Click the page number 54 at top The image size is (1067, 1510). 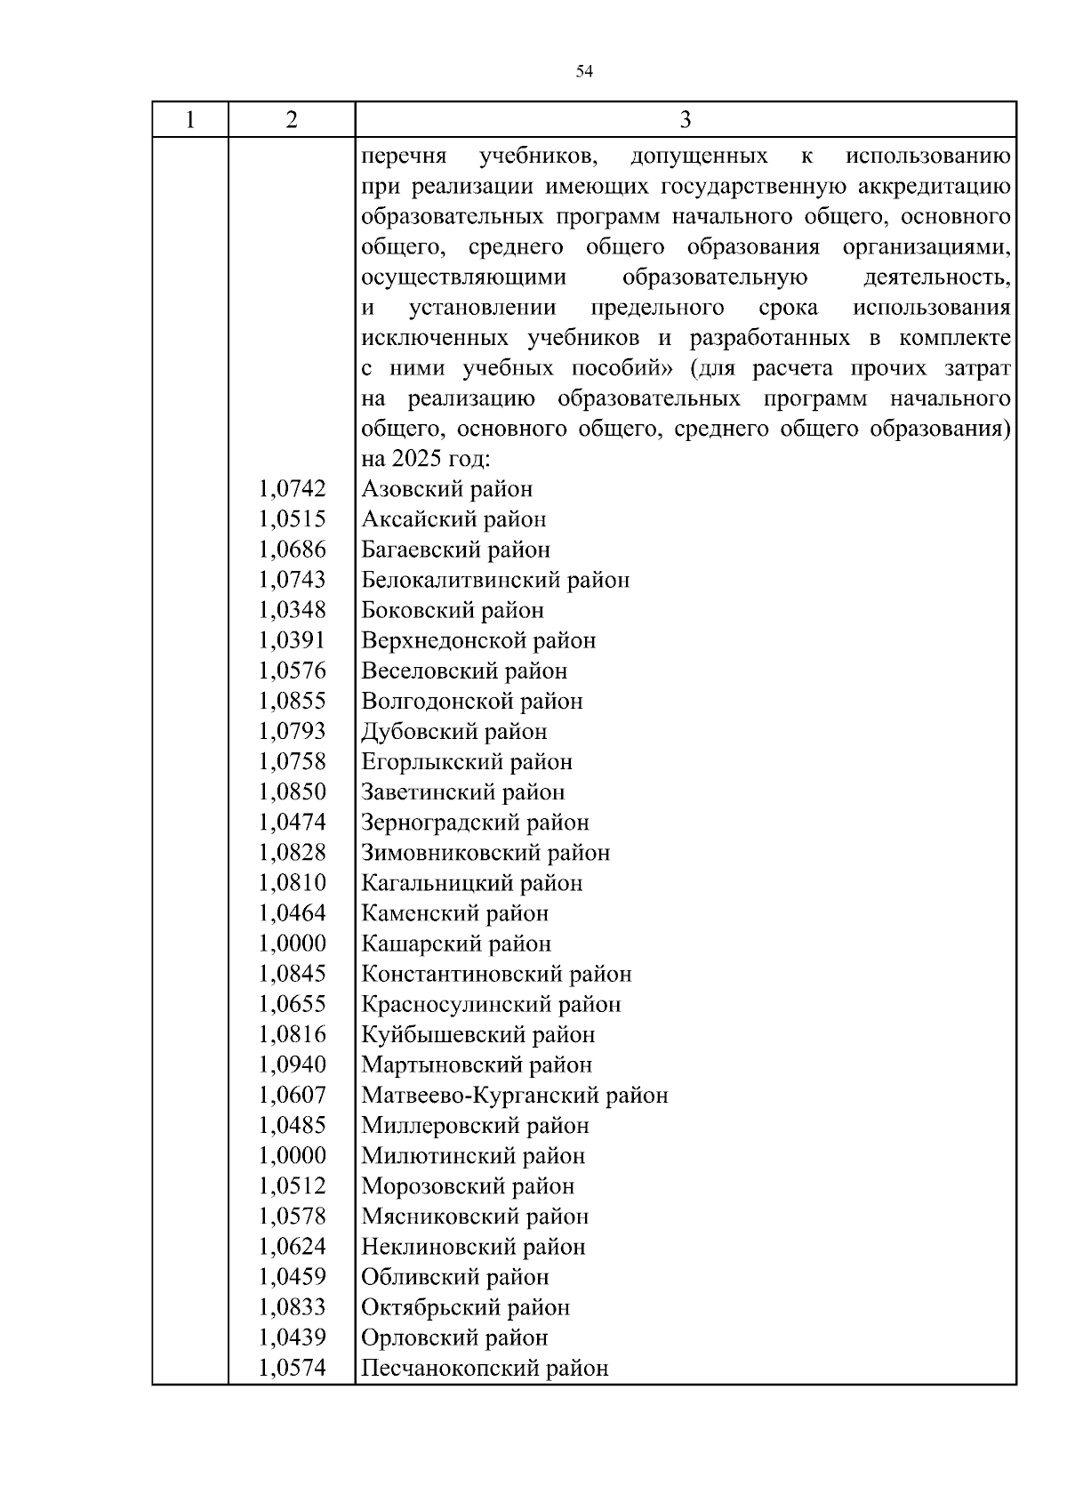pyautogui.click(x=584, y=72)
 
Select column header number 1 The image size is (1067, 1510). pyautogui.click(x=189, y=120)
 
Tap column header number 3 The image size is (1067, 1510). pyautogui.click(x=685, y=120)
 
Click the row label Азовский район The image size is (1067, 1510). pyautogui.click(x=446, y=489)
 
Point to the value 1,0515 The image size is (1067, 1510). pyautogui.click(x=293, y=519)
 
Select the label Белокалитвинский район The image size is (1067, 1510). pyautogui.click(x=495, y=580)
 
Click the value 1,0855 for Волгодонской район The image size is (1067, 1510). pyautogui.click(x=293, y=701)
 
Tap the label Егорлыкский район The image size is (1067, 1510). pyautogui.click(x=467, y=762)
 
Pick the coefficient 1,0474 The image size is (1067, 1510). pyautogui.click(x=293, y=823)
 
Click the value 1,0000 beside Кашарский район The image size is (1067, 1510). pyautogui.click(x=293, y=944)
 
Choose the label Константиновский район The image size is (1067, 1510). pyautogui.click(x=496, y=974)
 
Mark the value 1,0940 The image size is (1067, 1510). pyautogui.click(x=293, y=1064)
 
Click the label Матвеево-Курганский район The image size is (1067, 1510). pyautogui.click(x=514, y=1095)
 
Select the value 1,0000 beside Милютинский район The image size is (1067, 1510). pyautogui.click(x=293, y=1155)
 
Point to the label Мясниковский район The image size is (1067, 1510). pyautogui.click(x=475, y=1216)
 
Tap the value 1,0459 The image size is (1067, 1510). pyautogui.click(x=293, y=1276)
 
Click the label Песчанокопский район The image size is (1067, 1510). pyautogui.click(x=485, y=1368)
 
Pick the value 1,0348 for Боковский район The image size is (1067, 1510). pyautogui.click(x=293, y=610)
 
